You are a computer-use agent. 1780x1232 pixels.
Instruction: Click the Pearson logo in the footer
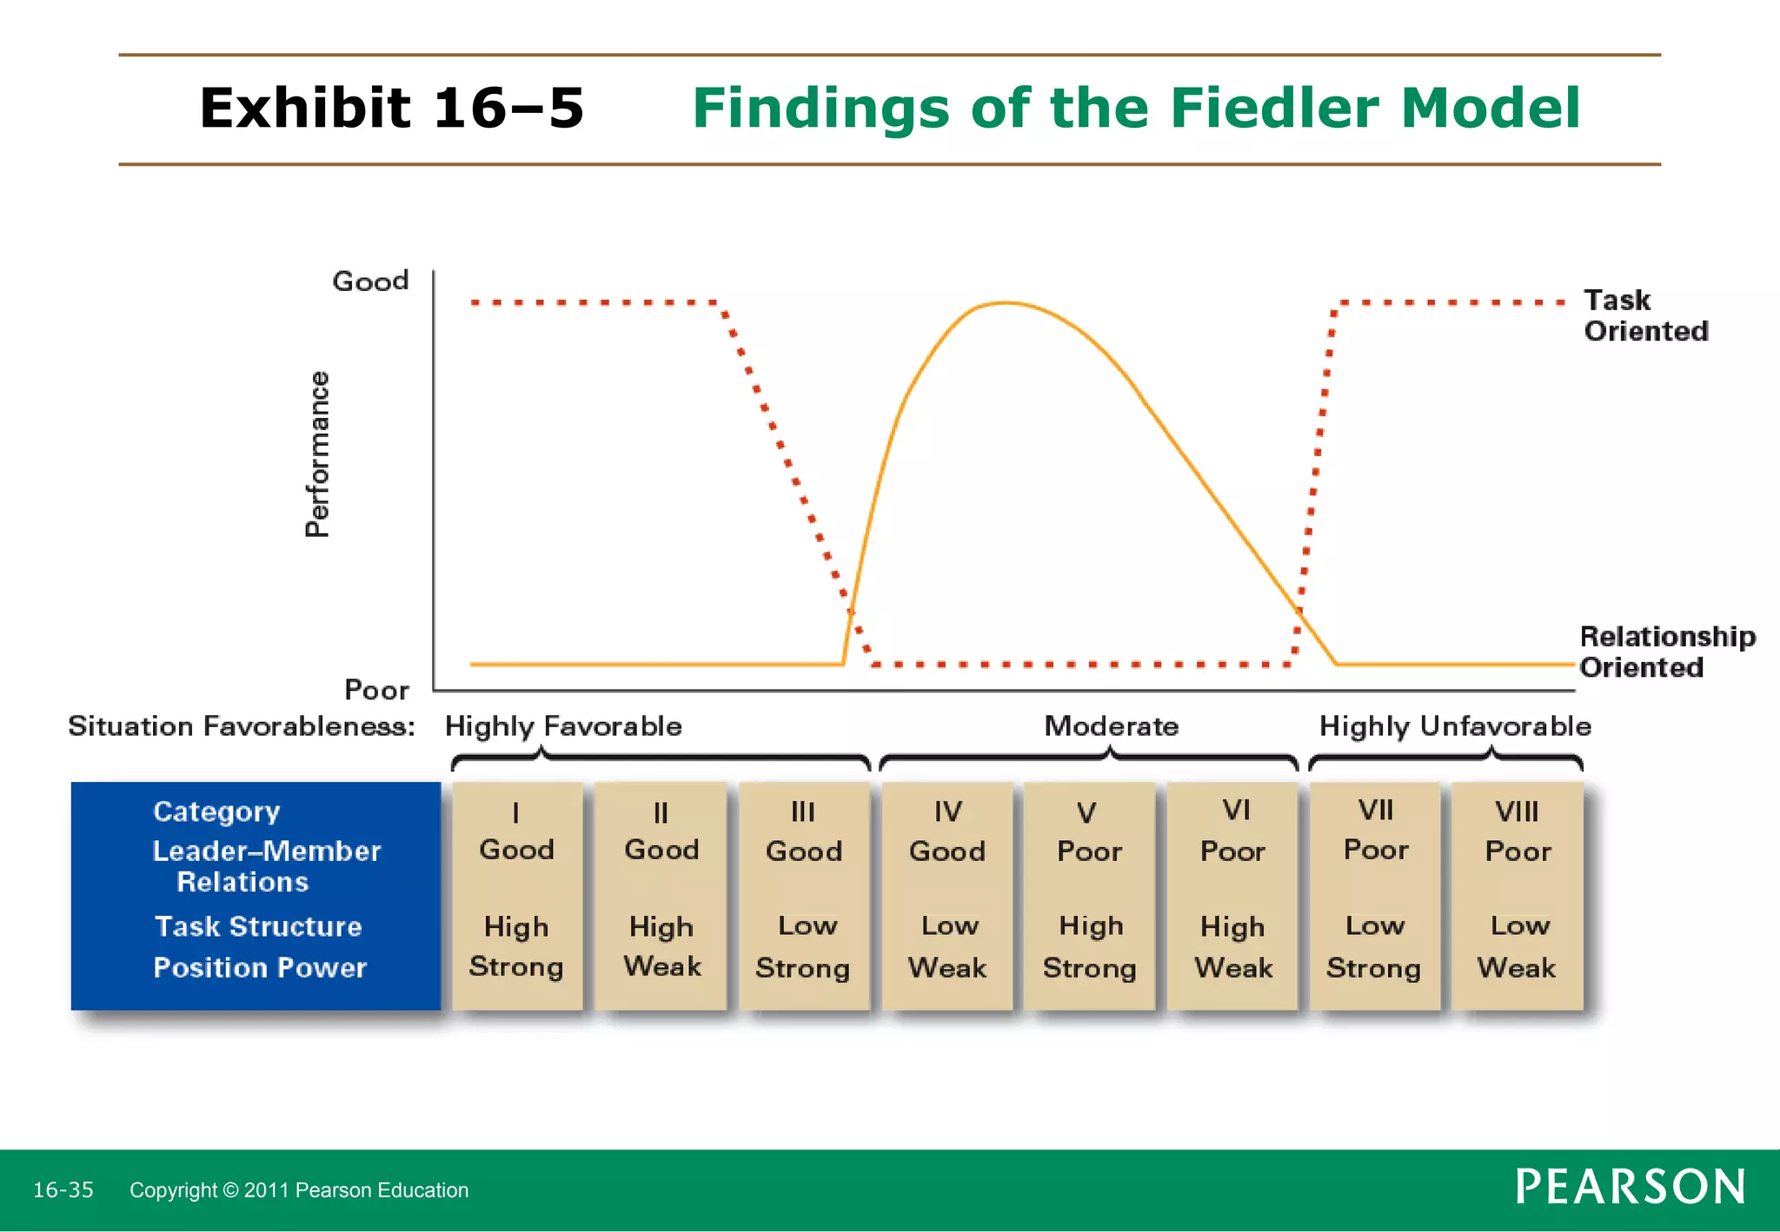click(1630, 1187)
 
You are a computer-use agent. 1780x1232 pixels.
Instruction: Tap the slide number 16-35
click(63, 1189)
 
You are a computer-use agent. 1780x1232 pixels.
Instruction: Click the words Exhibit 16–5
click(391, 109)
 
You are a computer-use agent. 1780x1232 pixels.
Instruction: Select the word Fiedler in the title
click(1276, 109)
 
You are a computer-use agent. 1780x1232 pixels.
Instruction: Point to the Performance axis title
click(318, 454)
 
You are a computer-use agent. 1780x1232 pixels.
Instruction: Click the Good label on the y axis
click(370, 282)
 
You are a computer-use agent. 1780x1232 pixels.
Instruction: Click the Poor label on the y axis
click(376, 690)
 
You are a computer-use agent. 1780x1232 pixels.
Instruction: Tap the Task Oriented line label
click(1644, 315)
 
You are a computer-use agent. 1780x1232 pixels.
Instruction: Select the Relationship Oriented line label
click(1666, 652)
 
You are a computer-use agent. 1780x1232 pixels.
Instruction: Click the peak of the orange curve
click(1006, 303)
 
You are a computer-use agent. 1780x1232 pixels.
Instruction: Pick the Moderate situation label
click(1111, 725)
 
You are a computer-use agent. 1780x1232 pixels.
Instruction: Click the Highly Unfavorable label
click(1454, 725)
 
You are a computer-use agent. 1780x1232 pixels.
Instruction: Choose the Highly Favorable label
click(563, 725)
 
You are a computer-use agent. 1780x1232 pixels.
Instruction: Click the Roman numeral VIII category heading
click(1517, 811)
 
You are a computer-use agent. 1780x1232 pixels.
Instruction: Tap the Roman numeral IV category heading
click(947, 811)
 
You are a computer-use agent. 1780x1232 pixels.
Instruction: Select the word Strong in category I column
click(516, 967)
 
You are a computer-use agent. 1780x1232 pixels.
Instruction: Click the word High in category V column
click(1091, 926)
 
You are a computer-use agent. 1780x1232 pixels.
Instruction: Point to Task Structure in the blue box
click(258, 926)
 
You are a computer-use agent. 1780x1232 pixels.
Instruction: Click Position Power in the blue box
click(260, 968)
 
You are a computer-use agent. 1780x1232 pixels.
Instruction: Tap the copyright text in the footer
click(299, 1190)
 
